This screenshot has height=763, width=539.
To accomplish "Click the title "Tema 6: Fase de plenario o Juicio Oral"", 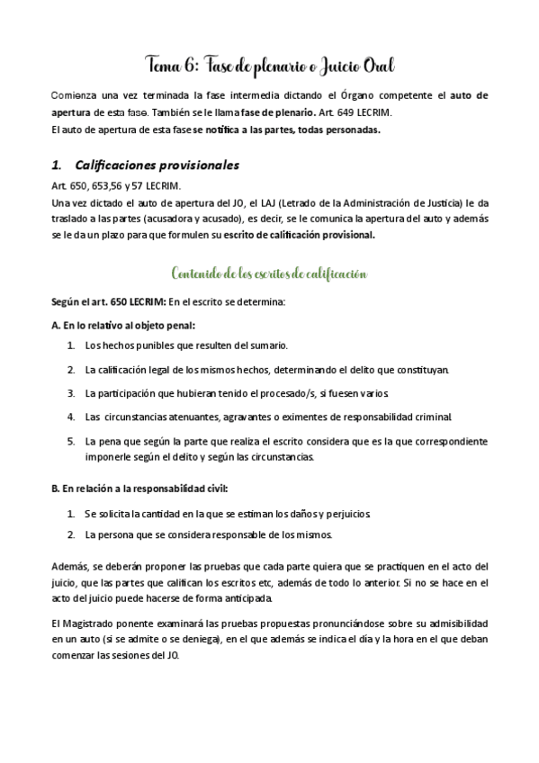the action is click(269, 66).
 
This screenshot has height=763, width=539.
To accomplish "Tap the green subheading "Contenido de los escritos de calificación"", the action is click(269, 273).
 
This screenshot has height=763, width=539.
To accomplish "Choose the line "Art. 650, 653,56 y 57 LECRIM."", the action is click(116, 185).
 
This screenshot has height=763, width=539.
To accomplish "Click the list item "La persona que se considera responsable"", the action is click(209, 535).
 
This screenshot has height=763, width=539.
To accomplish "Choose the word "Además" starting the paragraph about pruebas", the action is click(70, 566).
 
